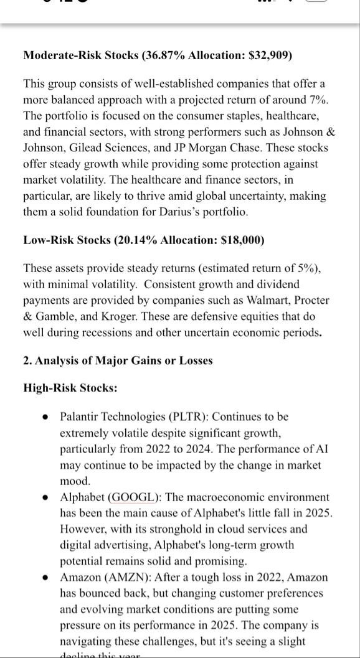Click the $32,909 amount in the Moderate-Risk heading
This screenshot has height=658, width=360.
click(269, 56)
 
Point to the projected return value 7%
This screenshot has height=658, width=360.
click(316, 100)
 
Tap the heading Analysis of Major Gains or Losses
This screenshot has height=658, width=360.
click(124, 360)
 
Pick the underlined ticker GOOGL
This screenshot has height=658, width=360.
click(136, 498)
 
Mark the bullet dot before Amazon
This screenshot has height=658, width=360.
click(46, 578)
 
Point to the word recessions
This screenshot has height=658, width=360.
click(111, 332)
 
